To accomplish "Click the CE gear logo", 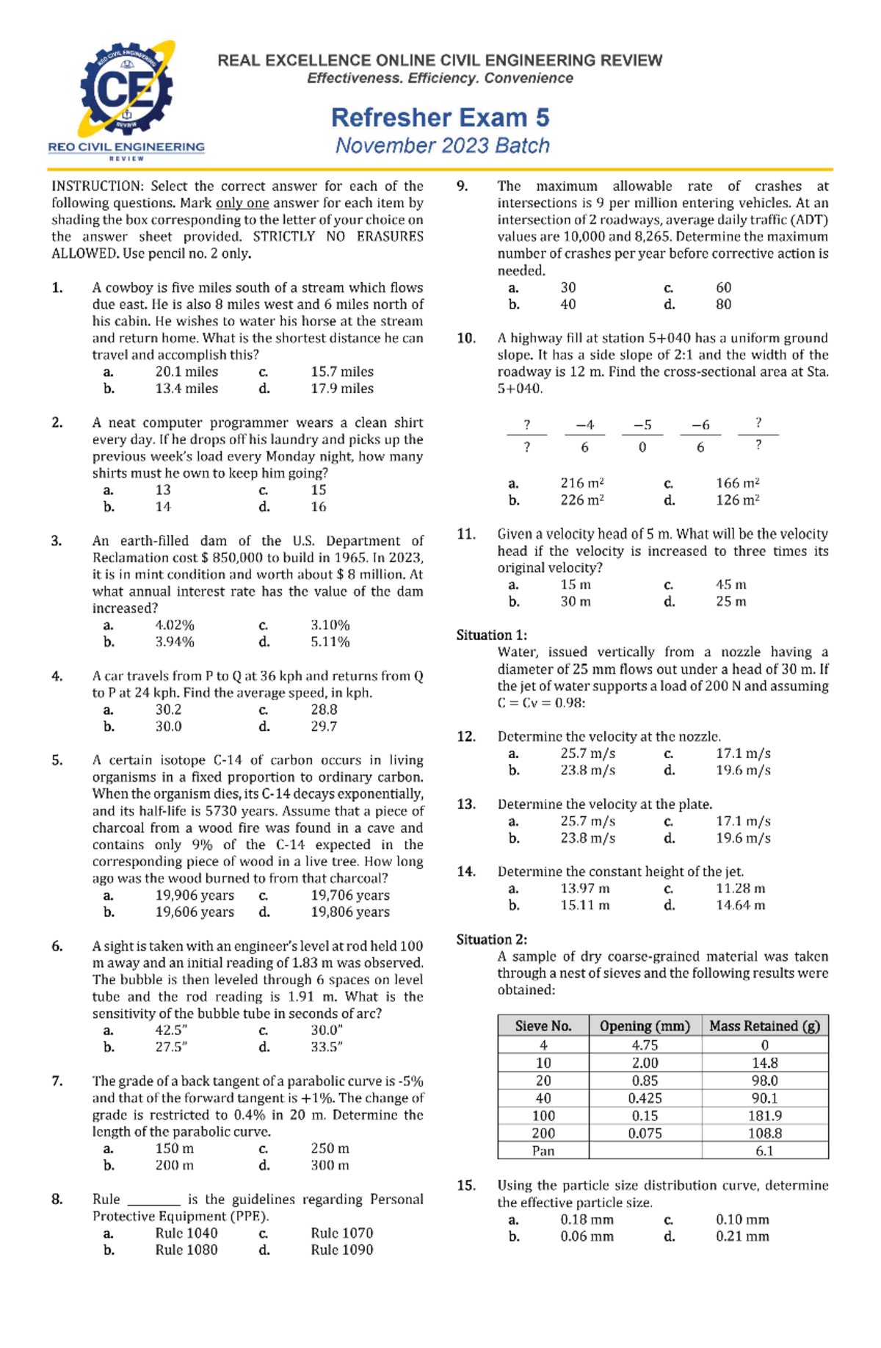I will (126, 90).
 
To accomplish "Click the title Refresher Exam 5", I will (440, 118).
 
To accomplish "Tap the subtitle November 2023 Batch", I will (442, 145).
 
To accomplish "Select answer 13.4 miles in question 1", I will (186, 389).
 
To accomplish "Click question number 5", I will (57, 760).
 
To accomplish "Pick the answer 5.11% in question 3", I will (330, 642).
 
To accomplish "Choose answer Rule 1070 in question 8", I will (341, 1233).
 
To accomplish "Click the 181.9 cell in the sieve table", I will (764, 1116).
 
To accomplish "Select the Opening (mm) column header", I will (645, 1026).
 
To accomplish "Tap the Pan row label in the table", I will (543, 1151).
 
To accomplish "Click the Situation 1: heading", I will (491, 635).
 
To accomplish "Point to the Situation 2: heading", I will (491, 940).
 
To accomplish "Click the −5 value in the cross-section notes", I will (642, 425).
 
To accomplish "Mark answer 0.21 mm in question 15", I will (742, 1236).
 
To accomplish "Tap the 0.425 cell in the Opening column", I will (645, 1098).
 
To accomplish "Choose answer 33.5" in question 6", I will (327, 1048).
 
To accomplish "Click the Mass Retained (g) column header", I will (764, 1026).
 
